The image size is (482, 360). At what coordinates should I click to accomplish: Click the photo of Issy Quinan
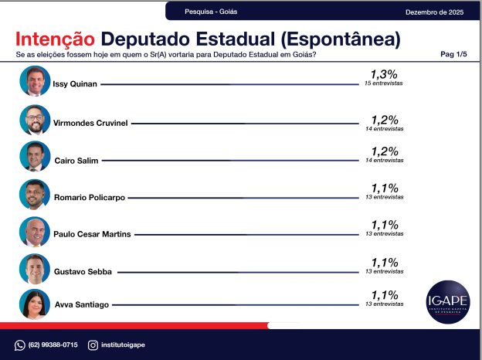(x=35, y=81)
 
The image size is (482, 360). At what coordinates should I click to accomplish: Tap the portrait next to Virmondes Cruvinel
(x=35, y=120)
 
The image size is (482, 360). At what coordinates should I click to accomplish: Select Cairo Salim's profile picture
(x=35, y=157)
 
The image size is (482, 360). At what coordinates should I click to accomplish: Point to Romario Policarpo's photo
(x=35, y=195)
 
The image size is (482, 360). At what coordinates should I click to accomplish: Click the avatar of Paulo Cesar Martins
(x=35, y=232)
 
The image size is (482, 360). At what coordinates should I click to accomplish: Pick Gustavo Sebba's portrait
(x=35, y=269)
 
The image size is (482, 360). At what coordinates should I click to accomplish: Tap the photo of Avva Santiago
(x=35, y=304)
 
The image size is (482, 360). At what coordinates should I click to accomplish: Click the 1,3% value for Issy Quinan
(x=384, y=74)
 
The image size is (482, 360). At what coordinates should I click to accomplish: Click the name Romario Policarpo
(x=89, y=198)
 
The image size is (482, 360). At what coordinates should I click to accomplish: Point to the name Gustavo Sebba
(x=83, y=272)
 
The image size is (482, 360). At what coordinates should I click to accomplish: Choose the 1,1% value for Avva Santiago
(x=384, y=295)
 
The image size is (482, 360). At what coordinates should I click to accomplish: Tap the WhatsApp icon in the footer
(x=20, y=345)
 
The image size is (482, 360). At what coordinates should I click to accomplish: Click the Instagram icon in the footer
(x=93, y=345)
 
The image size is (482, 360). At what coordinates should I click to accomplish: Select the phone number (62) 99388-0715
(x=53, y=345)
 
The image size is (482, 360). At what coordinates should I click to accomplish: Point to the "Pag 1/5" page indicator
(x=453, y=54)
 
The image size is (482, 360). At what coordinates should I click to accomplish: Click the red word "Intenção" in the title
(x=56, y=38)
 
